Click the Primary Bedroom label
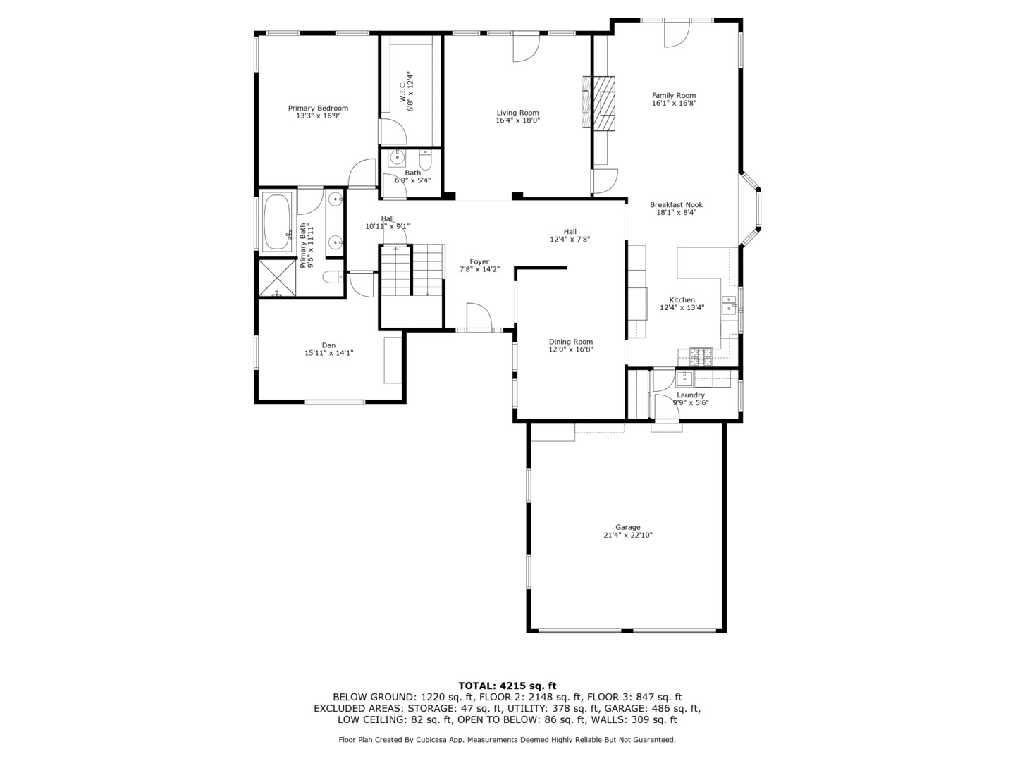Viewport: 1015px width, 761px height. (x=318, y=108)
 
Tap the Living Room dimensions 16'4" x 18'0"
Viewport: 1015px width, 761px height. (x=517, y=120)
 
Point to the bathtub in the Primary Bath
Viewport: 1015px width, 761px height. (x=277, y=221)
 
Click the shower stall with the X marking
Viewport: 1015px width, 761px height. (x=277, y=278)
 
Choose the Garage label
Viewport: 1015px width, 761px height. (x=627, y=527)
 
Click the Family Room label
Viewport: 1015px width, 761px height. (x=674, y=96)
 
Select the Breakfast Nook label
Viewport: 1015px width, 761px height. (x=676, y=204)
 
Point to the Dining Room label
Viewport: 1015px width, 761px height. (x=571, y=342)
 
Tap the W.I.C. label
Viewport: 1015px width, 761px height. (x=402, y=92)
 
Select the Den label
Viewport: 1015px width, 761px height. (x=328, y=345)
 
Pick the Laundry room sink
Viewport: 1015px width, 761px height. (x=684, y=379)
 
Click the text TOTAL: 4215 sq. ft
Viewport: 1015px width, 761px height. (x=508, y=686)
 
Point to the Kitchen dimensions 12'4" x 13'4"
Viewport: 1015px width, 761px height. (x=682, y=308)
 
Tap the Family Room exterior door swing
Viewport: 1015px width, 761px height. (x=677, y=33)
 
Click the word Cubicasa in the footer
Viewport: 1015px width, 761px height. (x=432, y=740)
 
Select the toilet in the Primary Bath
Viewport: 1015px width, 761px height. (x=333, y=277)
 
